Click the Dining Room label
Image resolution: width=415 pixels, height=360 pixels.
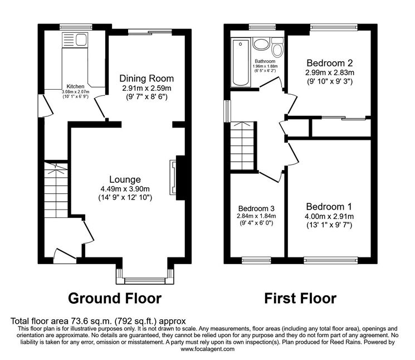[x=147, y=79]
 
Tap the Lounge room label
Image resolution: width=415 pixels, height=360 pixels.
[x=125, y=180]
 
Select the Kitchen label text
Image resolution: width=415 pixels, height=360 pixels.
[x=75, y=86]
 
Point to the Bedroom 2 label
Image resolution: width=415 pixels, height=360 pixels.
[x=330, y=63]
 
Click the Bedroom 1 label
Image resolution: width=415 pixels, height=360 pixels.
[x=329, y=207]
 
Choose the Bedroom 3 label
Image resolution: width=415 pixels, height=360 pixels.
[x=256, y=208]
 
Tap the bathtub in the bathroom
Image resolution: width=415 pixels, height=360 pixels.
[x=241, y=63]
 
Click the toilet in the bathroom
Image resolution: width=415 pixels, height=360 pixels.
[x=277, y=47]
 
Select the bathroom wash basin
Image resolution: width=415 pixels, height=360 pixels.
[x=261, y=43]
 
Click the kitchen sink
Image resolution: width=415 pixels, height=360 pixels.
[x=75, y=40]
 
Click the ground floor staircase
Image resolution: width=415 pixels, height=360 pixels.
[x=56, y=189]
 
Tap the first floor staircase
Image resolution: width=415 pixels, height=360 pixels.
[x=242, y=146]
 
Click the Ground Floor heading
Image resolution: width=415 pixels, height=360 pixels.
[x=115, y=298]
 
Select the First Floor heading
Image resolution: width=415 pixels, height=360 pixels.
[x=300, y=298]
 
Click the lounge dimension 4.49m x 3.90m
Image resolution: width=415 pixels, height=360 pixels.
[x=125, y=189]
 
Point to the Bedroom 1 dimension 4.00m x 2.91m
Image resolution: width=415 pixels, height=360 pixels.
[x=329, y=216]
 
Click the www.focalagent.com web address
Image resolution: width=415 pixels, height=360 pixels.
[x=207, y=349]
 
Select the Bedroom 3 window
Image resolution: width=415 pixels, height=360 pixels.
[x=256, y=260]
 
